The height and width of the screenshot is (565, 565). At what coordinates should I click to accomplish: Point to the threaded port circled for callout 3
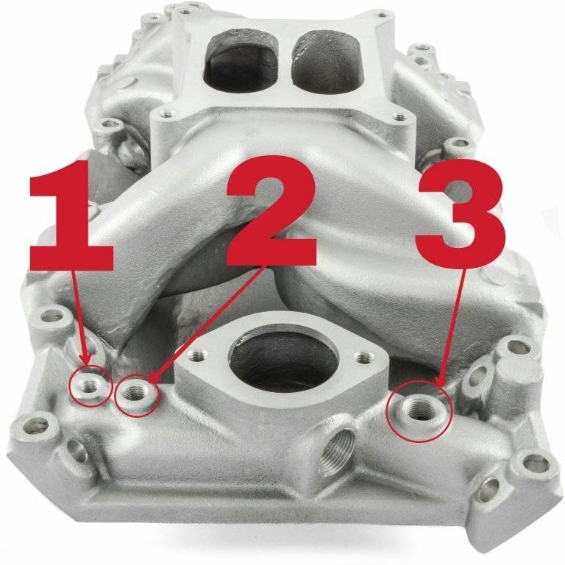click(417, 411)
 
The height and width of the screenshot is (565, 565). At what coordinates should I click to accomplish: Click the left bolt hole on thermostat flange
click(199, 356)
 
